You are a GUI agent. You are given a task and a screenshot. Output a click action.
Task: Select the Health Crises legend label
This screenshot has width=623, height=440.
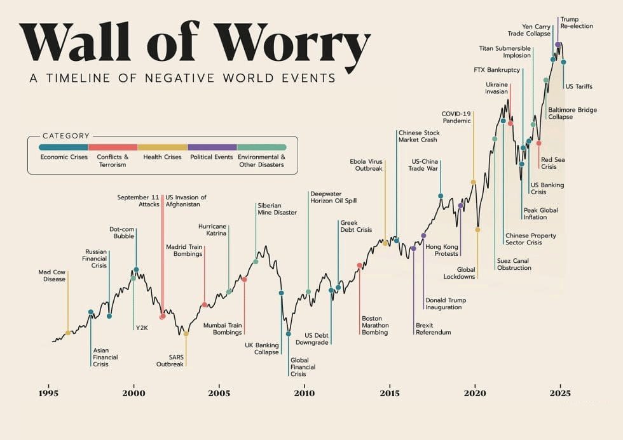163,157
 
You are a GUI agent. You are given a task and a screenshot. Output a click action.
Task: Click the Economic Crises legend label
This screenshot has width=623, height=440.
64,157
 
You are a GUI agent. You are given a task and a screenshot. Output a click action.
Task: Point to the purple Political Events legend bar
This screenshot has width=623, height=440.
212,147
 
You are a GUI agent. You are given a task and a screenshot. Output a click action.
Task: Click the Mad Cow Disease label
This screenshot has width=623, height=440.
51,276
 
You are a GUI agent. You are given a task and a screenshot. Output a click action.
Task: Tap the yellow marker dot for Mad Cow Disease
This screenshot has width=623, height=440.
68,332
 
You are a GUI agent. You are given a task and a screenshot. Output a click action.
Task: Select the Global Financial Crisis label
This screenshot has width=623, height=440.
303,367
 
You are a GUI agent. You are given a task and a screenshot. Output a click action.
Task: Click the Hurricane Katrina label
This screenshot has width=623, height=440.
213,230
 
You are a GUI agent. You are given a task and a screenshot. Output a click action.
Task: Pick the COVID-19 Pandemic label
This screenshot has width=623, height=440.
456,117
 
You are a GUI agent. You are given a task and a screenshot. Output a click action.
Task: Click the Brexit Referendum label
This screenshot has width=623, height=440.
433,329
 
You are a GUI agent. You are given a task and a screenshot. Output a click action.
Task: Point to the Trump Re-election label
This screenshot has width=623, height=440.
577,22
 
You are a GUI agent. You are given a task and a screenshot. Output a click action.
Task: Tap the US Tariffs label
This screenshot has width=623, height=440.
578,86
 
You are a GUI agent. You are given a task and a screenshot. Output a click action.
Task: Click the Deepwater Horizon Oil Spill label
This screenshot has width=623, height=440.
333,197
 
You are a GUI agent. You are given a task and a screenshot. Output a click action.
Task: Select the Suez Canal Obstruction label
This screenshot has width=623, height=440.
513,264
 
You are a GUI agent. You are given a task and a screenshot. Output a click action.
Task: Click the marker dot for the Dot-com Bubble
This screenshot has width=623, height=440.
136,270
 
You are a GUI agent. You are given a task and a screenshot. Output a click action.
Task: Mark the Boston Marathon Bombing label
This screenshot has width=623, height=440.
374,325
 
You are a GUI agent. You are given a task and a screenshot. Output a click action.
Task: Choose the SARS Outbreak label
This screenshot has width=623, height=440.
170,360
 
